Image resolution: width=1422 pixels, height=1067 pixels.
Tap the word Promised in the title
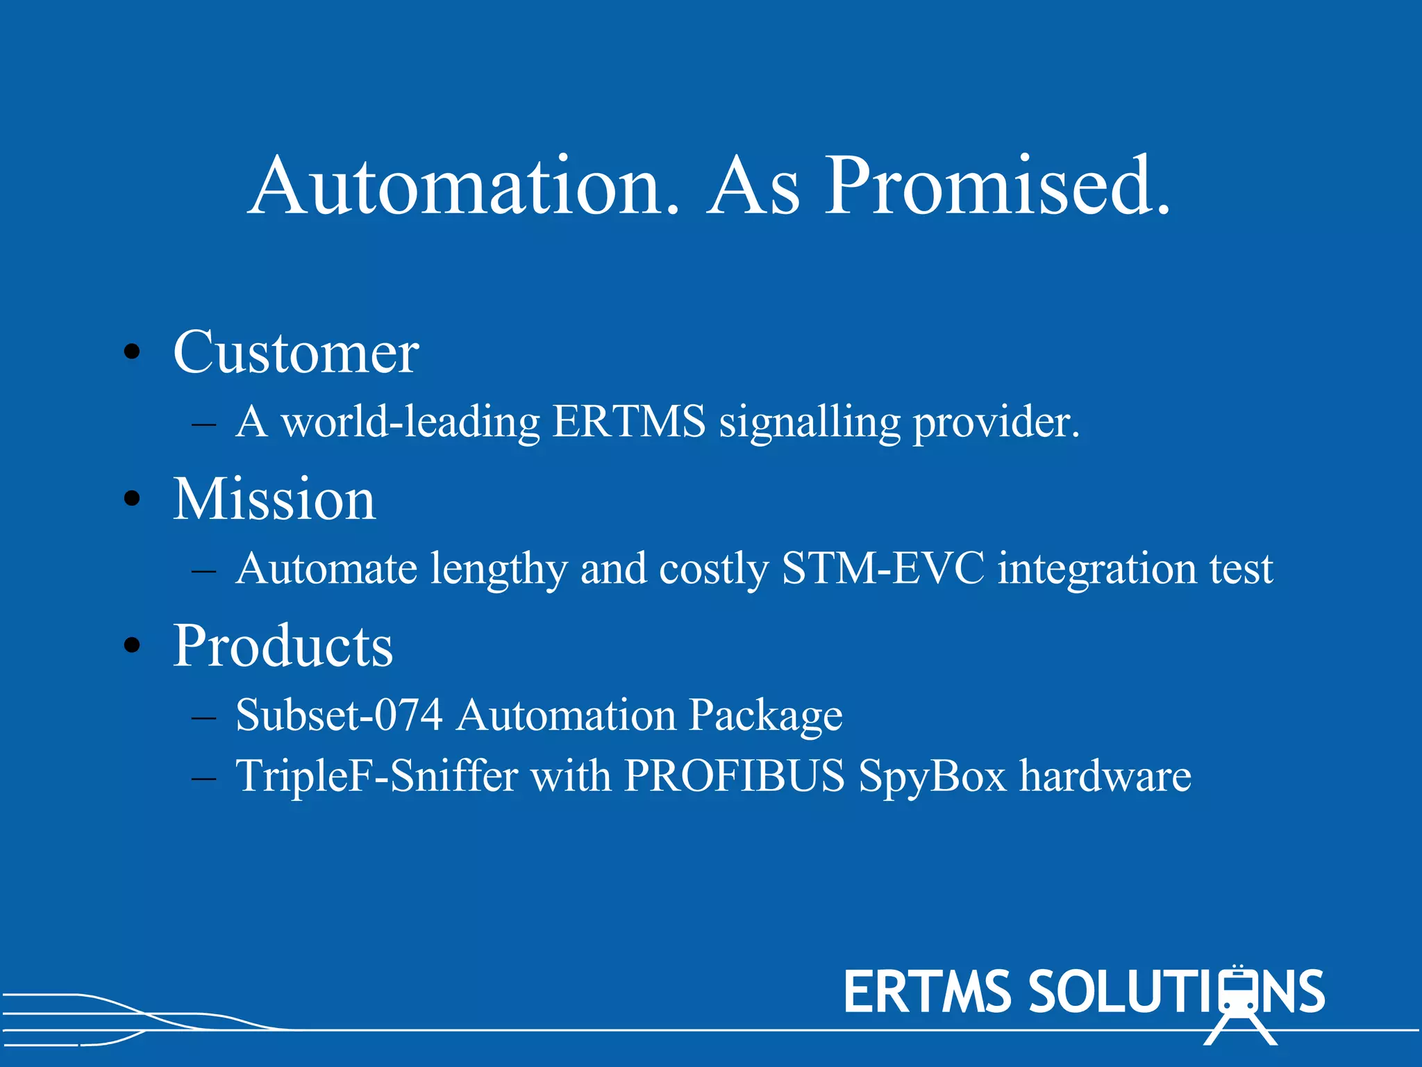coord(998,186)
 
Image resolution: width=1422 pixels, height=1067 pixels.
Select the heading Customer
coord(296,353)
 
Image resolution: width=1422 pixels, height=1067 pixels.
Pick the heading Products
coord(283,646)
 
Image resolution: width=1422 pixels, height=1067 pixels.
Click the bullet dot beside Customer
coord(131,353)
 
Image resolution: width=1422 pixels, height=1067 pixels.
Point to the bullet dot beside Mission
coord(131,499)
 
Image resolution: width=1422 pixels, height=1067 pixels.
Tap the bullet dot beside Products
coord(131,646)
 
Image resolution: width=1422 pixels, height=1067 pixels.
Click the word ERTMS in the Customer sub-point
coord(629,421)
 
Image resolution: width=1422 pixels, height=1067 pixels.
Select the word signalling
coord(809,422)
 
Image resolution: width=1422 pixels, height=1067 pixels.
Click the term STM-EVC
coord(883,568)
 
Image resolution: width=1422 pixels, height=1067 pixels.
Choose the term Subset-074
coord(339,715)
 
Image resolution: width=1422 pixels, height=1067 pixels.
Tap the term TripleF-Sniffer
coord(376,775)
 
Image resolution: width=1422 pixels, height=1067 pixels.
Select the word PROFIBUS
coord(735,775)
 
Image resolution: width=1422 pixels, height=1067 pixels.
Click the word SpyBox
coord(932,777)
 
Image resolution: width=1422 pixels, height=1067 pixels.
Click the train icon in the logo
coord(1239,1004)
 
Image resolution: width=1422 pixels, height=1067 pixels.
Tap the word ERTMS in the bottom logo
coord(927,992)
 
